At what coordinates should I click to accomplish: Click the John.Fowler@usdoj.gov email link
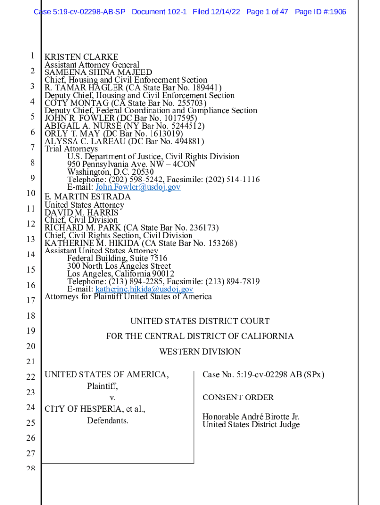[138, 187]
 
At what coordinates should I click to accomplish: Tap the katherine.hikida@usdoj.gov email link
[144, 289]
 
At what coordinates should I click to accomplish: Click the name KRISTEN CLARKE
[81, 57]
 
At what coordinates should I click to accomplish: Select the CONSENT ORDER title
[238, 397]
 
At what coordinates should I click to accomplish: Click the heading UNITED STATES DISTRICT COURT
[200, 321]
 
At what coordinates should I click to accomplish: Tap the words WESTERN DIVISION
[200, 352]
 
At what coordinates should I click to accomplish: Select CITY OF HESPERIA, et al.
[95, 409]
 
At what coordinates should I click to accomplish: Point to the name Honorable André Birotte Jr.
[251, 417]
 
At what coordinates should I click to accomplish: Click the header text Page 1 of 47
[267, 12]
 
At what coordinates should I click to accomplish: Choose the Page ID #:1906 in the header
[320, 12]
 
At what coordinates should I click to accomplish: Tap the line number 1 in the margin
[31, 56]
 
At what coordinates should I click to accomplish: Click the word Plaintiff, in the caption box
[103, 386]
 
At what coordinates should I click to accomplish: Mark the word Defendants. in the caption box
[108, 421]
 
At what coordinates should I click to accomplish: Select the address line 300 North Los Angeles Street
[119, 266]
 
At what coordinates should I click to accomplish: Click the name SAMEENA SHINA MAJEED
[98, 72]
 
